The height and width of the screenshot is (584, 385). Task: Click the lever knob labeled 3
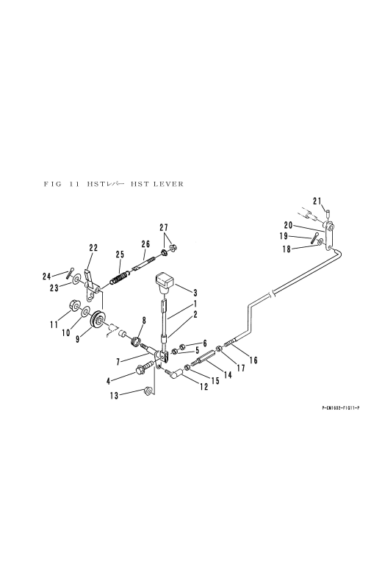point(165,281)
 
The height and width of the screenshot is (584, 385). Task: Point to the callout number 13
point(114,396)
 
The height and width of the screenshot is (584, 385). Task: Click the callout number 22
point(93,247)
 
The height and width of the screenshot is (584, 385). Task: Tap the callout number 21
point(317,202)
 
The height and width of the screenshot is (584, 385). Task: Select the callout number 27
point(164,227)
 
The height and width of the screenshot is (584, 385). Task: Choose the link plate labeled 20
point(329,236)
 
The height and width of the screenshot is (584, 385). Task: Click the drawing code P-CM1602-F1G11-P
point(341,407)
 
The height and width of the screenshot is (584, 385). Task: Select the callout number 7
point(118,362)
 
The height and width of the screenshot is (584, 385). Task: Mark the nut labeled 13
point(147,391)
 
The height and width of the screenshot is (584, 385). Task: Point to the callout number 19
point(284,236)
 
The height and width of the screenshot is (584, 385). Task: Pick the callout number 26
point(145,244)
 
